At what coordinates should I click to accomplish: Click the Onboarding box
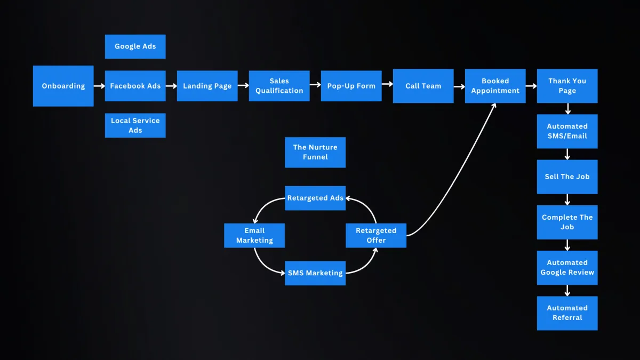[x=63, y=86]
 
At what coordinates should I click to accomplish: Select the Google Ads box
[x=135, y=46]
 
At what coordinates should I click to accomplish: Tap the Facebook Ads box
[x=135, y=86]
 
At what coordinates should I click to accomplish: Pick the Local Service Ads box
[x=135, y=125]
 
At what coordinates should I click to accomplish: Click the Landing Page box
[x=207, y=86]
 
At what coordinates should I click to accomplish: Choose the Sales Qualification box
[x=279, y=86]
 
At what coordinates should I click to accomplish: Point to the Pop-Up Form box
[x=351, y=86]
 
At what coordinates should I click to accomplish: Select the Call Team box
[x=423, y=86]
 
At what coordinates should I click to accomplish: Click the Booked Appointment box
[x=495, y=86]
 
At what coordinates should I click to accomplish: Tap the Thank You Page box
[x=567, y=86]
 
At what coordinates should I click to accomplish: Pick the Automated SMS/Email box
[x=567, y=131]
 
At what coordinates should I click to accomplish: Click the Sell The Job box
[x=567, y=177]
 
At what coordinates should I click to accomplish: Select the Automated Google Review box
[x=567, y=267]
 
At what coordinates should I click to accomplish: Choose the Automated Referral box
[x=567, y=313]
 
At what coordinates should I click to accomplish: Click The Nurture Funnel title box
[x=315, y=152]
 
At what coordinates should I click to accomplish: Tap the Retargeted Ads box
[x=315, y=198]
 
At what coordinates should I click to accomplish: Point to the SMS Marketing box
[x=315, y=273]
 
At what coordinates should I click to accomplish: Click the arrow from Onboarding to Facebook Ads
[x=99, y=86]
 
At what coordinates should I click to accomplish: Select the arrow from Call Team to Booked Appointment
[x=459, y=86]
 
